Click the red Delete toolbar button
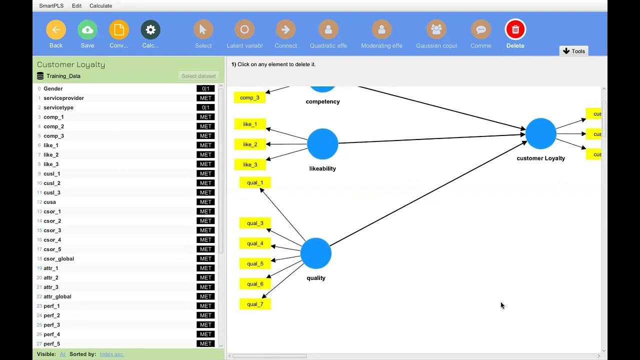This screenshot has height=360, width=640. tap(515, 30)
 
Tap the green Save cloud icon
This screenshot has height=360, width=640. tap(87, 30)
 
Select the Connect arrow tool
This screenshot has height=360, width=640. tap(285, 30)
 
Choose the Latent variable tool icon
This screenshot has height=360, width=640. tap(244, 30)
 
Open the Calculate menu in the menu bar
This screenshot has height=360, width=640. tap(100, 6)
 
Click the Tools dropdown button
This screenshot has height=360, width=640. tap(573, 51)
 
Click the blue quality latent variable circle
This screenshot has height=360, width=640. tap(316, 253)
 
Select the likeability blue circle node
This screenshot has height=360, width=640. tap(322, 144)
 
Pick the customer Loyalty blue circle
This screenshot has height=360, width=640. tap(540, 134)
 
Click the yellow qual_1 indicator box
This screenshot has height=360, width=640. tap(255, 183)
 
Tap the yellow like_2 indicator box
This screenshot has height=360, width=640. tap(250, 144)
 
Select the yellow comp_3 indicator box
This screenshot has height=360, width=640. tap(249, 97)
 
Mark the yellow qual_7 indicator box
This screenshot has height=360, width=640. tap(255, 304)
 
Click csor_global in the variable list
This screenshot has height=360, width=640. tap(59, 259)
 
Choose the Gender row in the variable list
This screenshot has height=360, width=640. tap(53, 88)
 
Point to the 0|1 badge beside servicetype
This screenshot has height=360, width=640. tap(205, 107)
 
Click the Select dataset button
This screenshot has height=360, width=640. tap(198, 76)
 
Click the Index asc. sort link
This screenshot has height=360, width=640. tap(112, 354)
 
